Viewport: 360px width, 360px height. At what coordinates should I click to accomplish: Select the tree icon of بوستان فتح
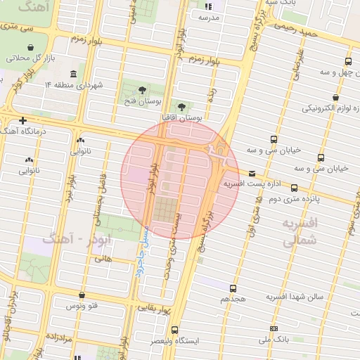(143, 90)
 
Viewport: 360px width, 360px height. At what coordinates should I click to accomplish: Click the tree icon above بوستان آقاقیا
(182, 108)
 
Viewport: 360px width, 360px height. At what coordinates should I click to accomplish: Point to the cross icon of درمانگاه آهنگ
(24, 120)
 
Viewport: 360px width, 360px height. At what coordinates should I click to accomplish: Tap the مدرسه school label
(209, 16)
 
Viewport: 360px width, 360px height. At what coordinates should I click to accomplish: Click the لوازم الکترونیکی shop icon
(337, 98)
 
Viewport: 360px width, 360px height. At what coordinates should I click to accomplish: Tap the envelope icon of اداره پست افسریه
(252, 173)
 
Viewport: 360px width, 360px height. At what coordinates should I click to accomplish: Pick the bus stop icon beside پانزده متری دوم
(294, 188)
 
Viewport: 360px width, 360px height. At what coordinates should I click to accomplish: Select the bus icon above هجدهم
(233, 288)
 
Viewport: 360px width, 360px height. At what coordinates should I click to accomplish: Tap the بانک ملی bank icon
(274, 328)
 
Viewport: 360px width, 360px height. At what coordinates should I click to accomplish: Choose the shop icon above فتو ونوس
(84, 295)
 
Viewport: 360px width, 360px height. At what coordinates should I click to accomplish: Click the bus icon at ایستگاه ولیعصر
(174, 329)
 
